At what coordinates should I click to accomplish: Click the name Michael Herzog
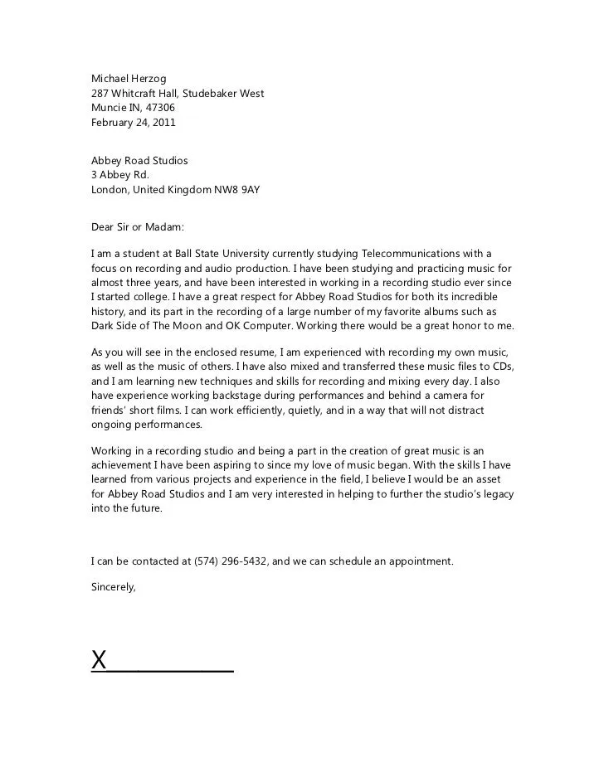coord(129,79)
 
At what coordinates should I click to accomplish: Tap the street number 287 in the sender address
coord(100,94)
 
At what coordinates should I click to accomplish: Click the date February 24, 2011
coord(133,123)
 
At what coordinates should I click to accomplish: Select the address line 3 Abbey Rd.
coord(119,175)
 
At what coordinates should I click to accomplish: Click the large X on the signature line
coord(100,660)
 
